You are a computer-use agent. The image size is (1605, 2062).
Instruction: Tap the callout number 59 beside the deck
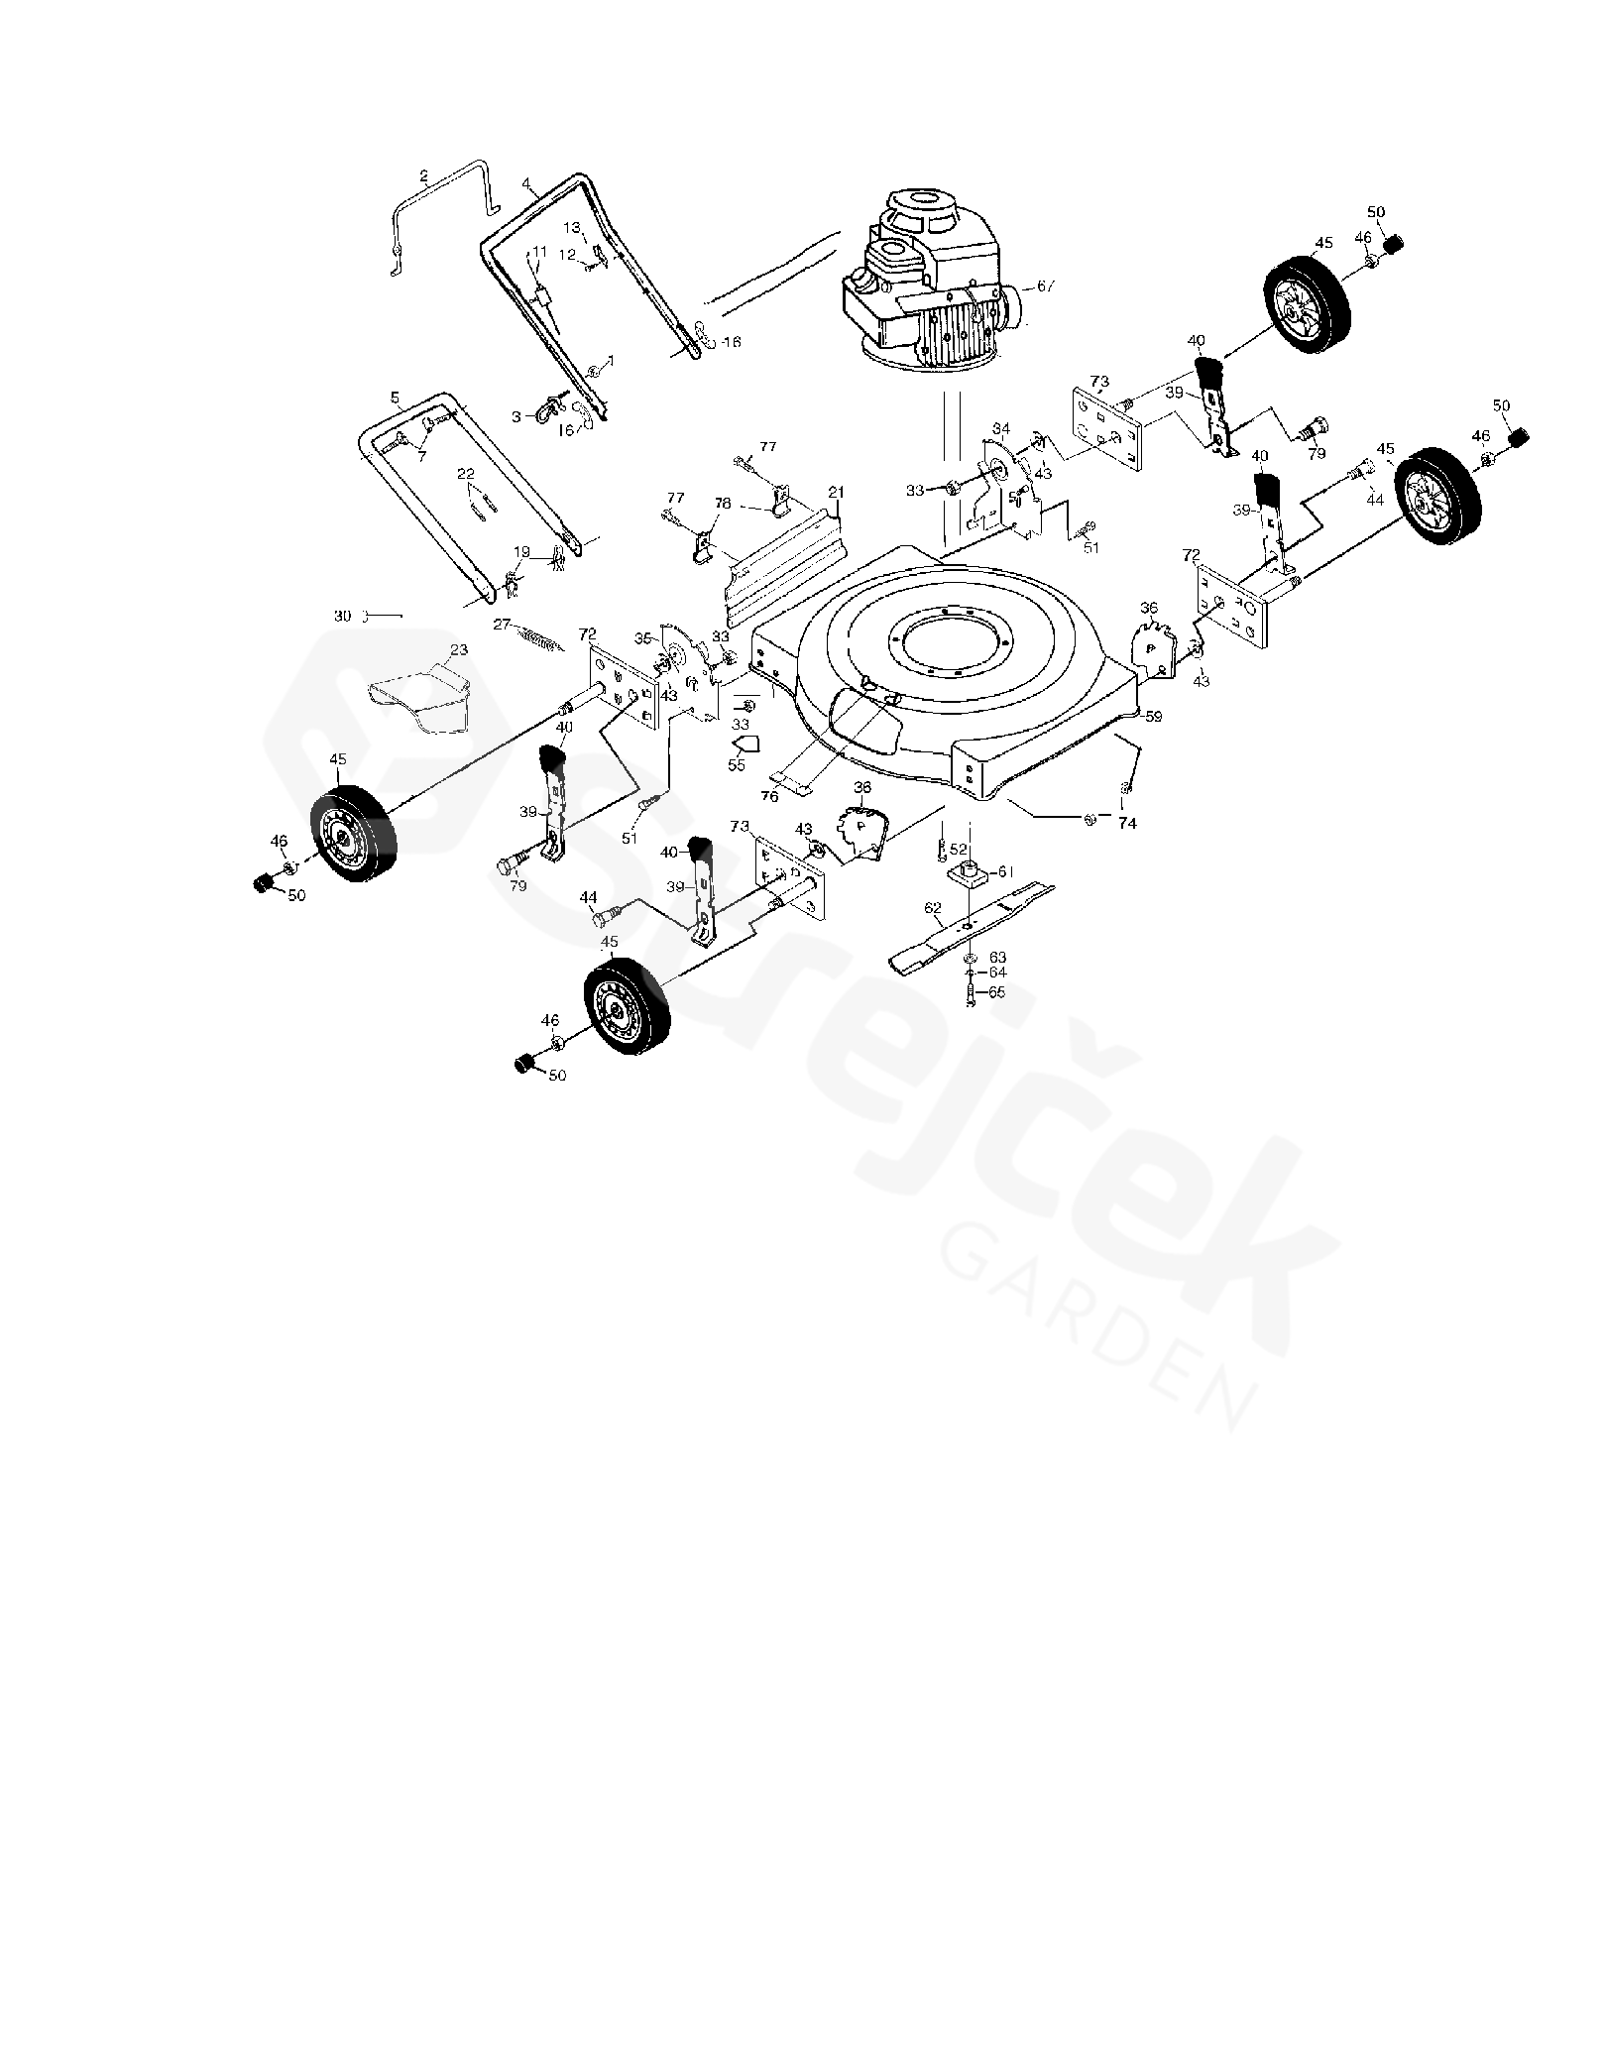1152,716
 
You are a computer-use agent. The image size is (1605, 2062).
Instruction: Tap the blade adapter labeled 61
968,874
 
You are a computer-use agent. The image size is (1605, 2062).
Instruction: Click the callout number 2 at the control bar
424,176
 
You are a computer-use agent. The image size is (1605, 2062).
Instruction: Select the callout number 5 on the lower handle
395,398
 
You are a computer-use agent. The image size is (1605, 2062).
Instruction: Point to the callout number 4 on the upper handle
526,183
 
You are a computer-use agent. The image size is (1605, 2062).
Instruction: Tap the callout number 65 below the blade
996,991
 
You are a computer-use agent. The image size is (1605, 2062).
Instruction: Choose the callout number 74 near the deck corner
1127,823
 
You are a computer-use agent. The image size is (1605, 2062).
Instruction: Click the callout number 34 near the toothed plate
1001,429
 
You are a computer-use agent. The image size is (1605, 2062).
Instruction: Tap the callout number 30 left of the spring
342,616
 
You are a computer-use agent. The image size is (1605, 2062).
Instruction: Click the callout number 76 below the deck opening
769,796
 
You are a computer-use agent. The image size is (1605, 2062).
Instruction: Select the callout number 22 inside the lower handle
466,474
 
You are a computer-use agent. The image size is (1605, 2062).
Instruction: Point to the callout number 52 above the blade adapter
958,849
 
